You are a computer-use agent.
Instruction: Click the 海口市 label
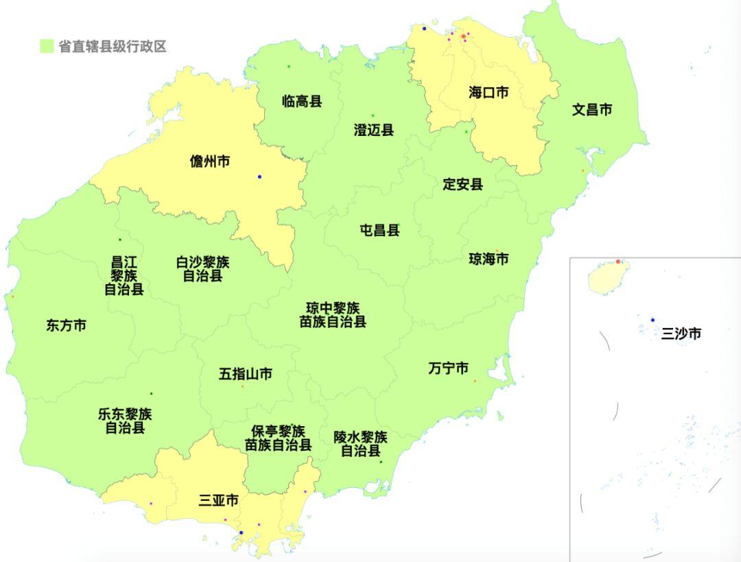tap(489, 93)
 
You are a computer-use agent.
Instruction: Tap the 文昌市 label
tap(592, 110)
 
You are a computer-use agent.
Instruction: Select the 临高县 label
tap(302, 102)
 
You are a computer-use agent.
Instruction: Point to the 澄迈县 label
tap(374, 130)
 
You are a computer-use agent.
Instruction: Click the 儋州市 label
tap(210, 162)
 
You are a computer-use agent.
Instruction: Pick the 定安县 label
tap(462, 185)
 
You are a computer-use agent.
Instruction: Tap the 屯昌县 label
tap(379, 231)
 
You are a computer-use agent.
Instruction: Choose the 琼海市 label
tap(489, 259)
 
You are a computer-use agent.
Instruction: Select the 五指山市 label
tap(246, 374)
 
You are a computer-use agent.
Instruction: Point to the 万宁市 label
tap(448, 369)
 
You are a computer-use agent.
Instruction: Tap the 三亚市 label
tap(219, 501)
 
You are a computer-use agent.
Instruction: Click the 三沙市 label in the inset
tap(681, 334)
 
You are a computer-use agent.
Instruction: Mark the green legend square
tap(47, 47)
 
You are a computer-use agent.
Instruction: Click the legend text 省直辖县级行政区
tap(113, 47)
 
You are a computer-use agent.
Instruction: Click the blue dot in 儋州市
tap(259, 177)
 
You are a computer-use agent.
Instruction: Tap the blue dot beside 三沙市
tap(652, 320)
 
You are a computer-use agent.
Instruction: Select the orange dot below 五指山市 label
tap(242, 386)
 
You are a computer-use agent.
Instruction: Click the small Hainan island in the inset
tap(607, 279)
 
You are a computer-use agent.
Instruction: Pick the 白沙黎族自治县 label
tap(202, 269)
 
